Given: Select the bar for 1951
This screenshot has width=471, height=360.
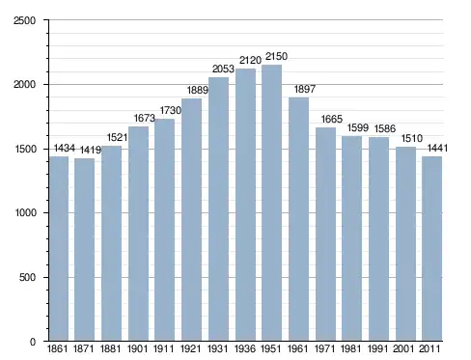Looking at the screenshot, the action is pyautogui.click(x=271, y=203).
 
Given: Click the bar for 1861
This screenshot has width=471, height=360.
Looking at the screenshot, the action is pyautogui.click(x=59, y=249).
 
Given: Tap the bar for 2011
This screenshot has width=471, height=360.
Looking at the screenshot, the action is pyautogui.click(x=431, y=249).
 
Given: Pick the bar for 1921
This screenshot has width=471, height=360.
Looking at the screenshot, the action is pyautogui.click(x=191, y=220).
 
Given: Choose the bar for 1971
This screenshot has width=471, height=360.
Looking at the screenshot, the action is pyautogui.click(x=325, y=235).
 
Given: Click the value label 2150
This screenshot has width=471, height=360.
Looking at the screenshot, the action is pyautogui.click(x=276, y=56).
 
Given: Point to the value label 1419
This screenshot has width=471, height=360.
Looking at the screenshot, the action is pyautogui.click(x=91, y=150).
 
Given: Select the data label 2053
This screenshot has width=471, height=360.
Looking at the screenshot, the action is pyautogui.click(x=223, y=69).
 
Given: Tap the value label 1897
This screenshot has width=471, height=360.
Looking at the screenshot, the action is pyautogui.click(x=305, y=89).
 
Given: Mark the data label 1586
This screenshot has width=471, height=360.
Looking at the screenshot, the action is pyautogui.click(x=385, y=128).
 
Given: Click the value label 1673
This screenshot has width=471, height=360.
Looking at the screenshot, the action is pyautogui.click(x=145, y=118).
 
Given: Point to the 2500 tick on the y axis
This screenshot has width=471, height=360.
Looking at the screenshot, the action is pyautogui.click(x=24, y=20).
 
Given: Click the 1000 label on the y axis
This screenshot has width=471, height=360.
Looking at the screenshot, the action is pyautogui.click(x=26, y=213).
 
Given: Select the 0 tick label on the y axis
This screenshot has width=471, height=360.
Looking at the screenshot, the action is pyautogui.click(x=33, y=342).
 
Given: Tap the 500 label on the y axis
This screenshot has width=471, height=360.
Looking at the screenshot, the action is pyautogui.click(x=28, y=277).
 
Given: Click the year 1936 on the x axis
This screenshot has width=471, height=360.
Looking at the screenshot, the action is pyautogui.click(x=245, y=348).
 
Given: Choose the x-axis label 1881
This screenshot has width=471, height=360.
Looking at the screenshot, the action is pyautogui.click(x=110, y=348).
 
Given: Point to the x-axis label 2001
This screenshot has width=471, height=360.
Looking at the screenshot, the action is pyautogui.click(x=403, y=348).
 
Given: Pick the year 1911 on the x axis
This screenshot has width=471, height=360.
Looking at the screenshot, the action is pyautogui.click(x=164, y=348).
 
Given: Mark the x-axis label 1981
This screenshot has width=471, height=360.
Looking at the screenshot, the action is pyautogui.click(x=351, y=348).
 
